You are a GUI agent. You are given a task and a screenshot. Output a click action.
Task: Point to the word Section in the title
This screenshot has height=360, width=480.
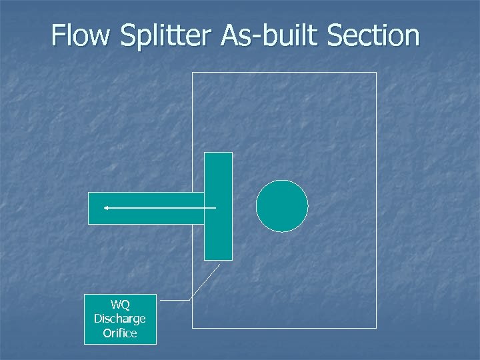(x=378, y=36)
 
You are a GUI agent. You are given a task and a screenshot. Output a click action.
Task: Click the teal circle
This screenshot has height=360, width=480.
(x=282, y=206)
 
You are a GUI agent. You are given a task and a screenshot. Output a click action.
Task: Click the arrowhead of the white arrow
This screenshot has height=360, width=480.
(x=105, y=208)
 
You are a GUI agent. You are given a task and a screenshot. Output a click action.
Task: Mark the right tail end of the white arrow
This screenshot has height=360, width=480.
(x=215, y=208)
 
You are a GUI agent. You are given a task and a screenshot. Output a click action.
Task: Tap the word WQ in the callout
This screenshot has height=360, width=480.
(x=120, y=305)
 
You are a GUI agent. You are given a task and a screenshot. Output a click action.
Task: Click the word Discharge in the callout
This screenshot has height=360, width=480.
(x=120, y=319)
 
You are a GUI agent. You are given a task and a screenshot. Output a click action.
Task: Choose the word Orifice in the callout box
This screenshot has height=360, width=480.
(x=120, y=333)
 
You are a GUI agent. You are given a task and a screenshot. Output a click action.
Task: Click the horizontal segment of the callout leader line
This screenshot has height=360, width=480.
(x=175, y=301)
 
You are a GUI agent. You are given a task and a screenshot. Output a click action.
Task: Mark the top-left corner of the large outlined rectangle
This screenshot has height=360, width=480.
(x=193, y=73)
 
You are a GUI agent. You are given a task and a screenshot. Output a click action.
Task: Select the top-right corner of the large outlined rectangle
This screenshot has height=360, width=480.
(x=376, y=73)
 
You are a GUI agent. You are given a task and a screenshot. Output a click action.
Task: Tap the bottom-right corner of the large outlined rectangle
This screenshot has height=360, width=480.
(x=376, y=327)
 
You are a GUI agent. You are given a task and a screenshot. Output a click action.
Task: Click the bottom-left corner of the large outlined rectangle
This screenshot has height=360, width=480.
(x=193, y=327)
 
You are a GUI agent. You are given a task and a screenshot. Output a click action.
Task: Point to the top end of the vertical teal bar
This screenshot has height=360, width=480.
(x=218, y=154)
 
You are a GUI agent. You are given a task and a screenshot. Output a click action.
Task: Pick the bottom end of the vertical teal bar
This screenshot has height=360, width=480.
(x=218, y=259)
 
